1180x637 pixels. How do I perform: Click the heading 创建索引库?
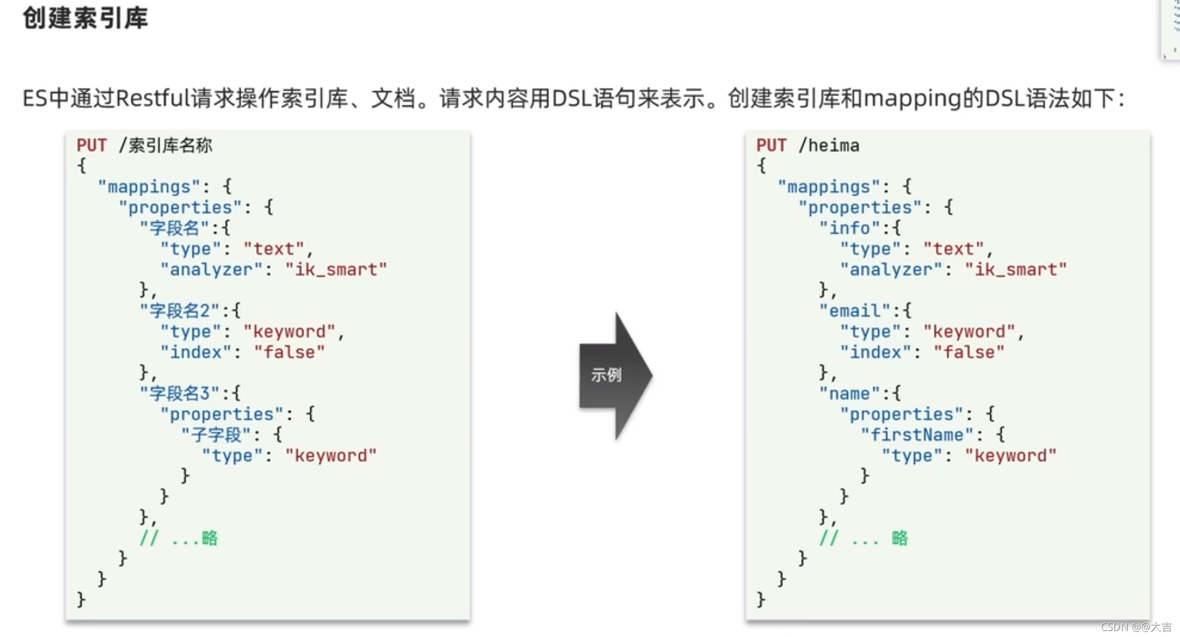(85, 18)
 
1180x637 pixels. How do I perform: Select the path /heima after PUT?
(829, 146)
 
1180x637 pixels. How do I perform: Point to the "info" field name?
(850, 228)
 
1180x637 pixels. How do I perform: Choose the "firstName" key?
(917, 435)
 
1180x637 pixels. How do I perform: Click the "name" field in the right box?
(850, 393)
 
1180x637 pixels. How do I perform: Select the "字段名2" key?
(180, 311)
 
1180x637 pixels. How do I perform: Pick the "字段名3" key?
(180, 393)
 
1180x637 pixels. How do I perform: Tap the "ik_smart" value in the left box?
(336, 270)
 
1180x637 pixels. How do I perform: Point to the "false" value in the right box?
(969, 352)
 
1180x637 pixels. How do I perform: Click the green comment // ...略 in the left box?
(179, 538)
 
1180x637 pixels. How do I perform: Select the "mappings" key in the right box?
(829, 187)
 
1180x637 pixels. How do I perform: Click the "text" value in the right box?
(954, 249)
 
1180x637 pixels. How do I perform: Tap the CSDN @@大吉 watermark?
(1136, 627)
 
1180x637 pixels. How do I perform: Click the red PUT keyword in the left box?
(92, 146)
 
